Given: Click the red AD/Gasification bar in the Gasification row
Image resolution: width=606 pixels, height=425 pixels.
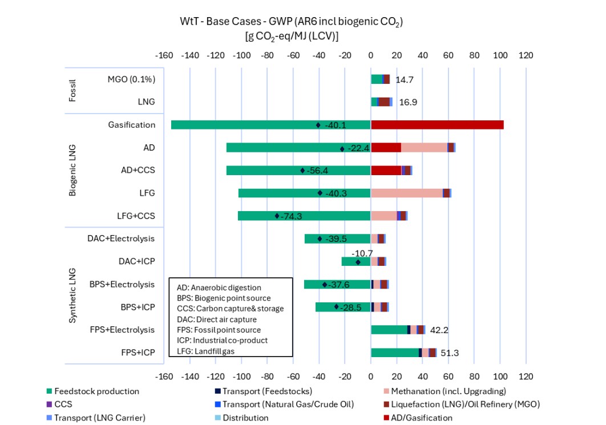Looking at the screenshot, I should coord(437,125).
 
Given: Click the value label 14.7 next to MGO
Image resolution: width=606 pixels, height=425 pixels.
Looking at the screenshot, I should coord(404,80).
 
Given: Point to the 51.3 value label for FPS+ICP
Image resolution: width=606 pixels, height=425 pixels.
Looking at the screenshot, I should coord(450,353).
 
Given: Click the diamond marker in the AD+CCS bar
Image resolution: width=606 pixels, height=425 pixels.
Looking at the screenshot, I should coord(302,171).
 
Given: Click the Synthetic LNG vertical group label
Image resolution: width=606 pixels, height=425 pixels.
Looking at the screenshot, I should coord(72,296).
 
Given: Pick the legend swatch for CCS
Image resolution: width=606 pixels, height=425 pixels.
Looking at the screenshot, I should coord(49,404).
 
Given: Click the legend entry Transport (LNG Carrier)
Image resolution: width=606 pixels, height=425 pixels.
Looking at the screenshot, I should coord(99,418).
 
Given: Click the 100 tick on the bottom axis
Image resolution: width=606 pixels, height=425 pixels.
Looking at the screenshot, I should coord(500,377).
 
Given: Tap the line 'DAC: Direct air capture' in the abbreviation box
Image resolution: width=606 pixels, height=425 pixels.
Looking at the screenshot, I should coord(217,319).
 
